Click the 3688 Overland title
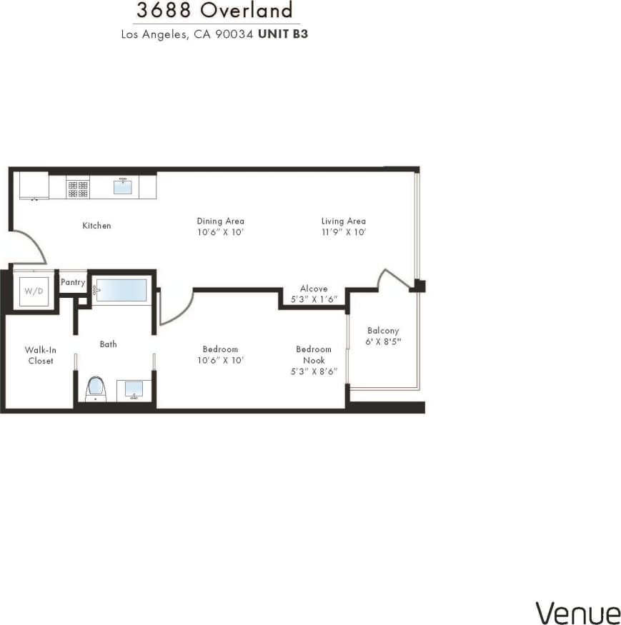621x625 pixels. [215, 11]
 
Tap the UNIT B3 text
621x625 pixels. [283, 34]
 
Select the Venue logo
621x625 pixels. [578, 613]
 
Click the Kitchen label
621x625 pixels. [96, 226]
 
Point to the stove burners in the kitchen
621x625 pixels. [78, 188]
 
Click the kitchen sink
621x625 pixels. [123, 186]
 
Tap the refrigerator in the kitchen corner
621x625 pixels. [33, 186]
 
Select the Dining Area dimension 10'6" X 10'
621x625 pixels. [220, 232]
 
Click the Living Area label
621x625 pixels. [343, 221]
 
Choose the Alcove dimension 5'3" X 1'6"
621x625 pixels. [313, 299]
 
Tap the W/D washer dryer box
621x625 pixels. [34, 291]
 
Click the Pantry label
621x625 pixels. [73, 282]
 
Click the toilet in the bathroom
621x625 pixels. [95, 389]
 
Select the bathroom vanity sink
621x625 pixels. [134, 389]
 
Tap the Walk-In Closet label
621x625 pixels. [41, 355]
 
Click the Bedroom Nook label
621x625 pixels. [314, 354]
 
